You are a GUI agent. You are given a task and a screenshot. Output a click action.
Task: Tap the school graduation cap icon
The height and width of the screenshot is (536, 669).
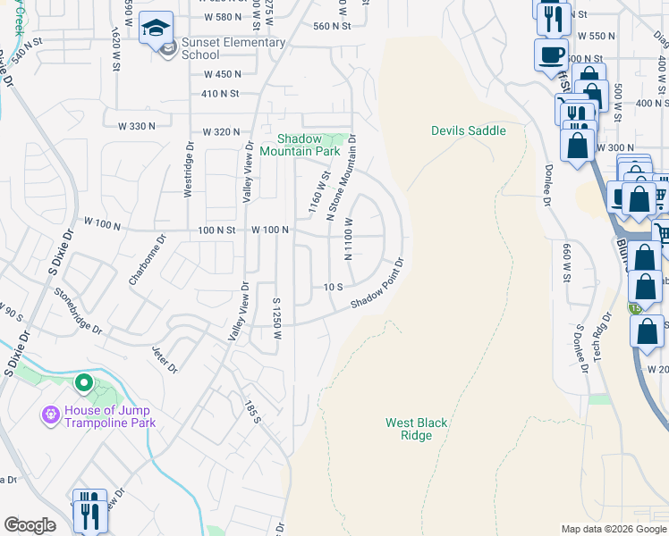coord(156,28)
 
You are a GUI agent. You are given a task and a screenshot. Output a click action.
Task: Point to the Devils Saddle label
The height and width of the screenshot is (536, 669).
coord(468,130)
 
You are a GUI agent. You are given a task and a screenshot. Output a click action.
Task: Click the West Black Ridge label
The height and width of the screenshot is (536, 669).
coord(416,429)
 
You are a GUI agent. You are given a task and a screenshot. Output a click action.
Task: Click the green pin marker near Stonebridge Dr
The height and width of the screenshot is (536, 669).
coord(84,383)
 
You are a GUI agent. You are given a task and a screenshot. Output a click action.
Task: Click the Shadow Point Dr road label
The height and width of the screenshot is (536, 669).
coord(377,284)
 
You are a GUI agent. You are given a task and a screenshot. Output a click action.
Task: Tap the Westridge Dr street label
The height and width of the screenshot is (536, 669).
coord(189,169)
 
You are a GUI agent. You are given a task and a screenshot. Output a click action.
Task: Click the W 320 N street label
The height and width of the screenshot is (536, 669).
coord(221,131)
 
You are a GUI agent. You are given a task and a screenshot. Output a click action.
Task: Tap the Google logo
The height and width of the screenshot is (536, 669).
coord(30,525)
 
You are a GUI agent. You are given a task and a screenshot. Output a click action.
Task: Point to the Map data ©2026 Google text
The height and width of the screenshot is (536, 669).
coord(613,529)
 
